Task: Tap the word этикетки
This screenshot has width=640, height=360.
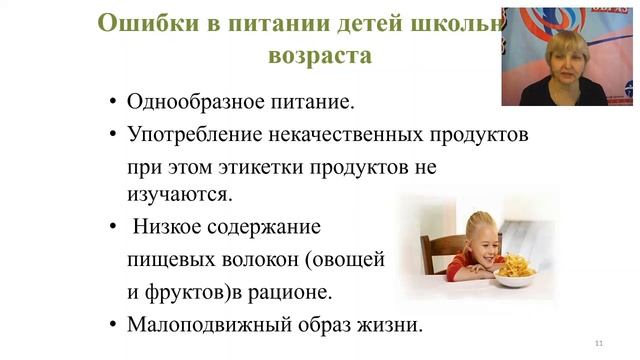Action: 262,164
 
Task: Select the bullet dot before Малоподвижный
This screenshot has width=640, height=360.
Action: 112,324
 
